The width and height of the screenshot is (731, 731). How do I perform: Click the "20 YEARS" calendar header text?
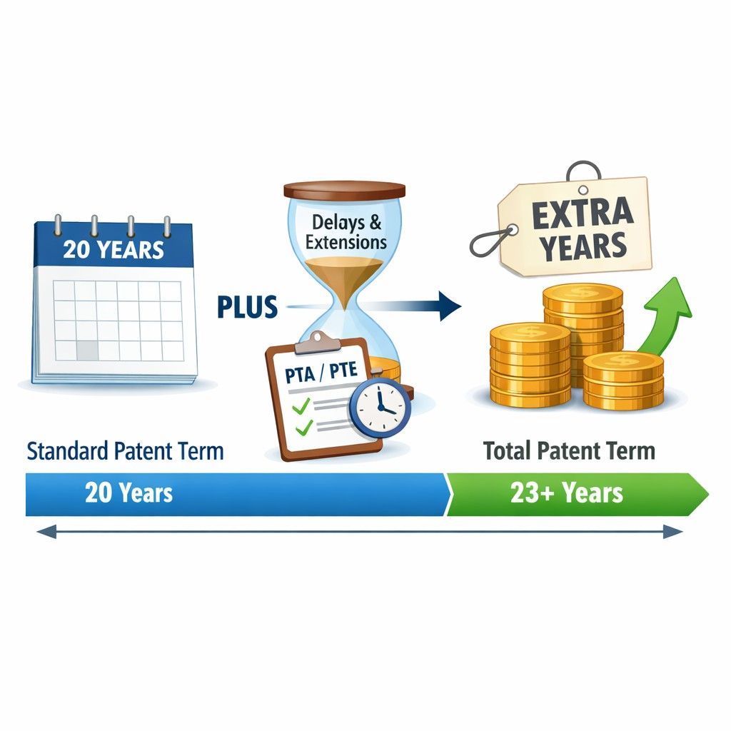tap(114, 250)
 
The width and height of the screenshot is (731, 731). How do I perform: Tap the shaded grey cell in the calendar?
tap(87, 350)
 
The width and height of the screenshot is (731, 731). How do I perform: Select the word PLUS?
tap(247, 307)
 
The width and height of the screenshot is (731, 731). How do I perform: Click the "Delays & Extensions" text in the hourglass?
tap(346, 232)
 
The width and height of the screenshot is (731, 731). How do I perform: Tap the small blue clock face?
tap(380, 407)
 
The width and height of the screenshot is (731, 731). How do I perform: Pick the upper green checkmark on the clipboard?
tap(301, 405)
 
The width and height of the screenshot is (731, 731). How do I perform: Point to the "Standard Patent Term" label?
tap(125, 451)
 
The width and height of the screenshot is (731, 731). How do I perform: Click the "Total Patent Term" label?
tap(568, 451)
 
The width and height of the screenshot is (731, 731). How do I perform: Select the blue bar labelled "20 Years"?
tap(236, 493)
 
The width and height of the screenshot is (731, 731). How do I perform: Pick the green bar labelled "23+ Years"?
tap(571, 493)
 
